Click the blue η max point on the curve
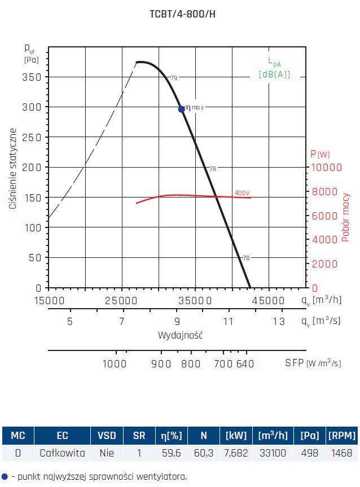[182, 109]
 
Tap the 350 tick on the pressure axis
[36, 77]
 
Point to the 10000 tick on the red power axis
[323, 167]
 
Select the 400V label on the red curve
[242, 193]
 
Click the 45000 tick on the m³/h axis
[267, 300]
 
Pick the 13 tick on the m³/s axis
[279, 322]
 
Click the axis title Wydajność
[181, 335]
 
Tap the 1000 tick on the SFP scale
[115, 364]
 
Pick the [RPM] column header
[342, 435]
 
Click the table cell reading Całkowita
[62, 453]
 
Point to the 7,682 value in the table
[236, 453]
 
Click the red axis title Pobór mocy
[345, 217]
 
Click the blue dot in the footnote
[5, 476]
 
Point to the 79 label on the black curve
[174, 77]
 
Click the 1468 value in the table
[342, 453]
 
